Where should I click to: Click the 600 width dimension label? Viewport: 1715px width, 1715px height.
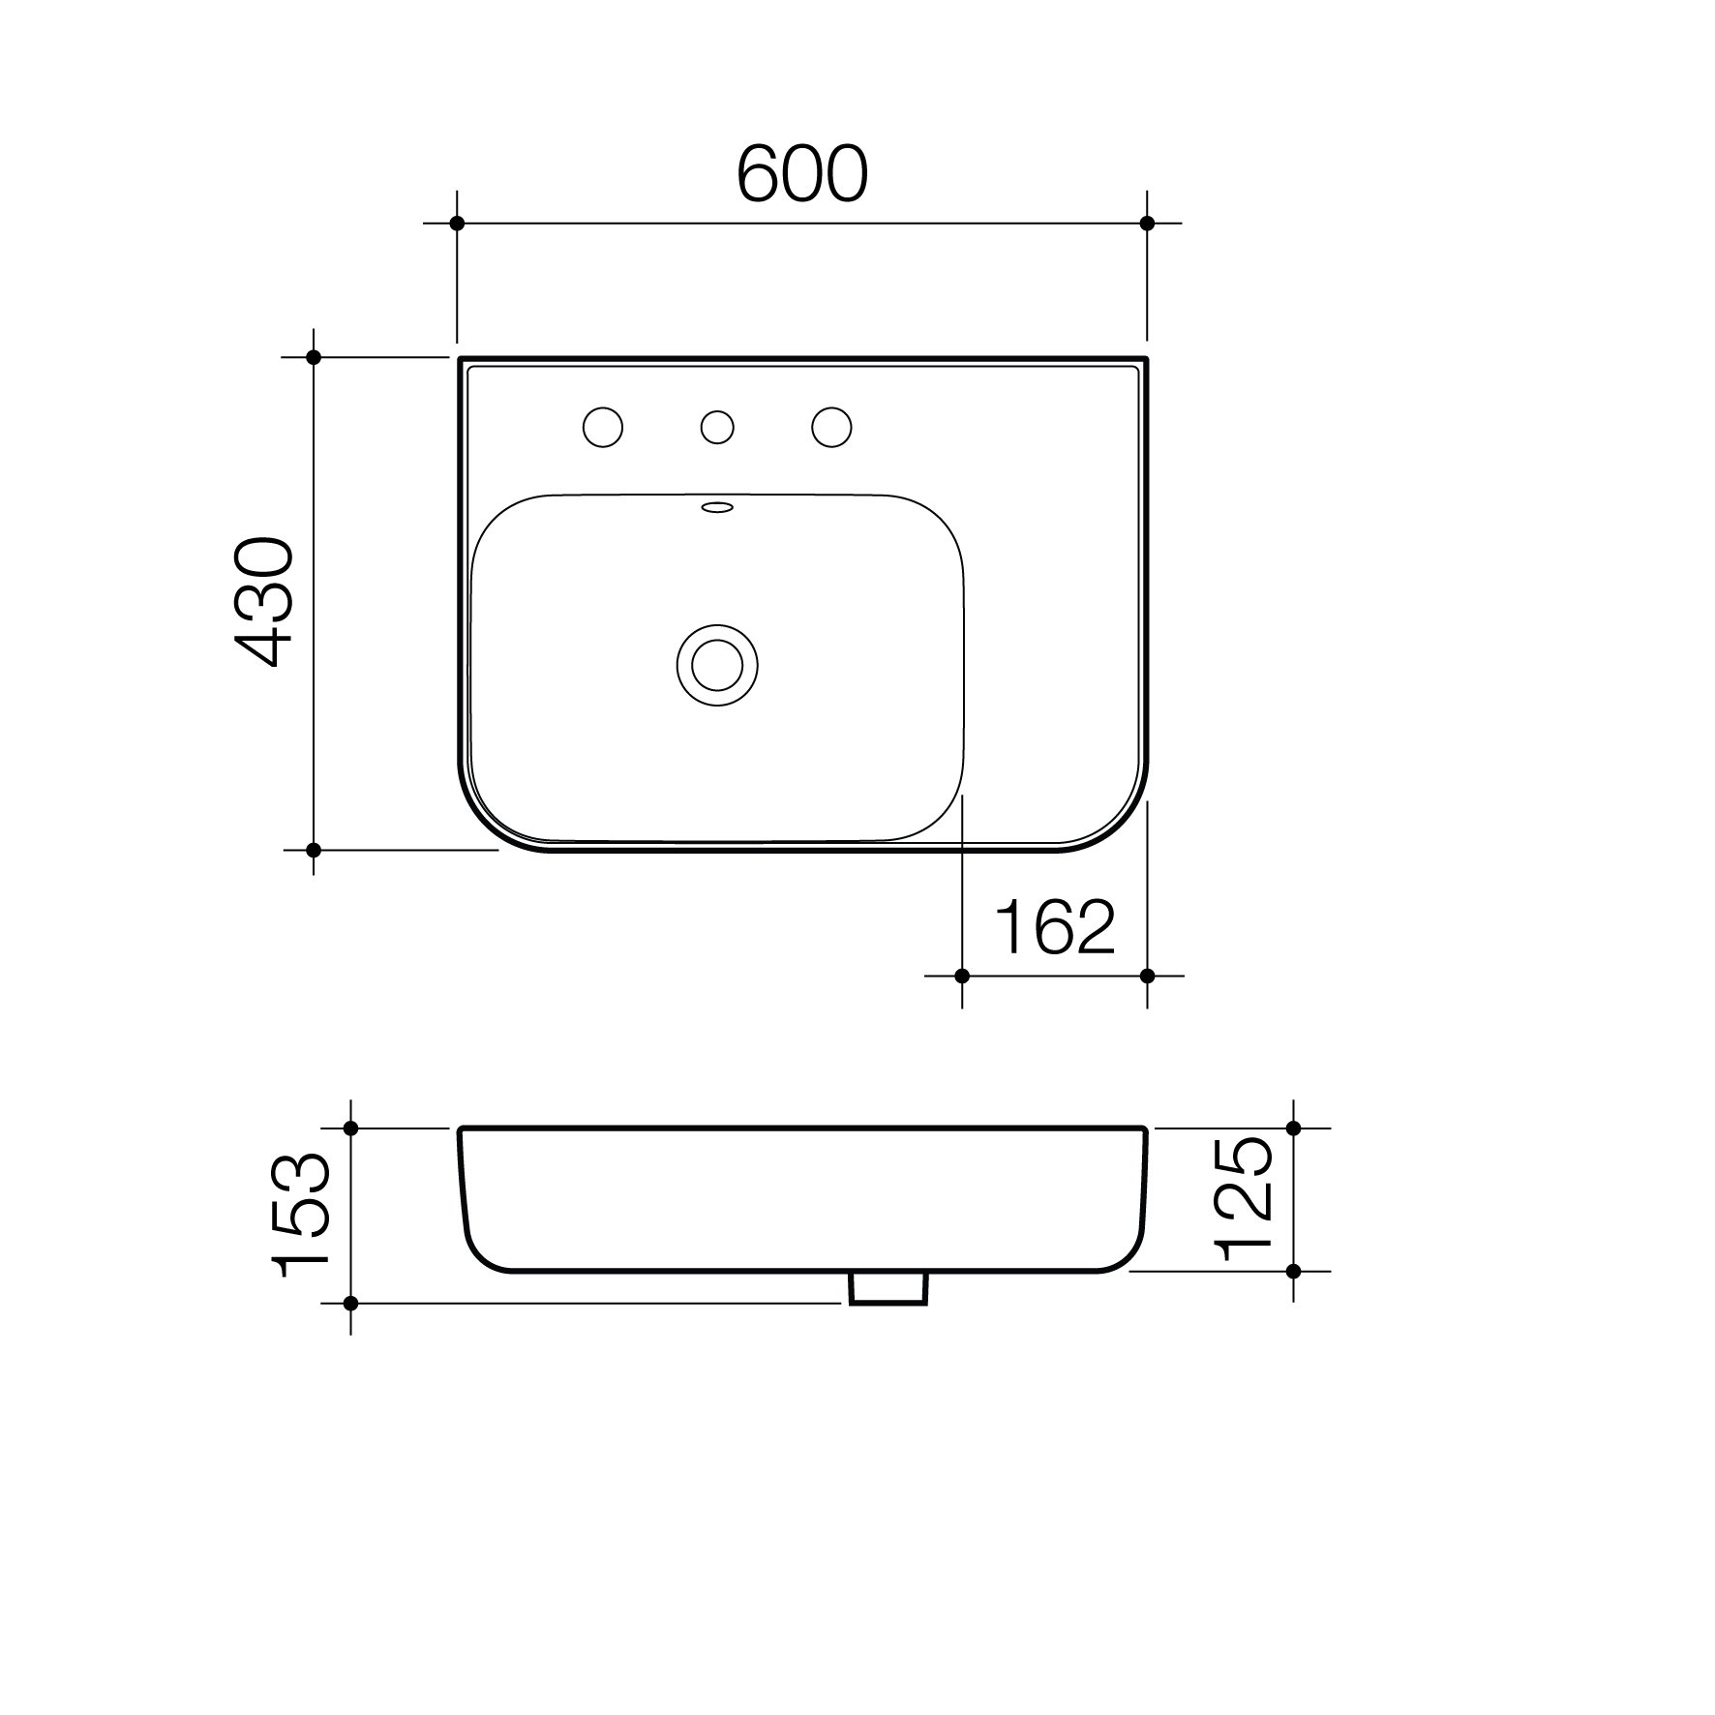(x=802, y=175)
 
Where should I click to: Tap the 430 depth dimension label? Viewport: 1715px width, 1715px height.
(x=264, y=602)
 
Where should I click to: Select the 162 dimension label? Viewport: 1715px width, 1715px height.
(x=1055, y=926)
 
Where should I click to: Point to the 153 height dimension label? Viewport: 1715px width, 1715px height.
(x=302, y=1216)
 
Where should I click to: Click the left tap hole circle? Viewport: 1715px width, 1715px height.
(x=602, y=427)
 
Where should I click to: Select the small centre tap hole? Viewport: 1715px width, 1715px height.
(x=717, y=427)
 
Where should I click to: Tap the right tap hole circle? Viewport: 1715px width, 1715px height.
(x=831, y=427)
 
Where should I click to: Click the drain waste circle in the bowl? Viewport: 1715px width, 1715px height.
(x=717, y=665)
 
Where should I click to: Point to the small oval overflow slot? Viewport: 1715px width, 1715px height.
(x=717, y=506)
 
